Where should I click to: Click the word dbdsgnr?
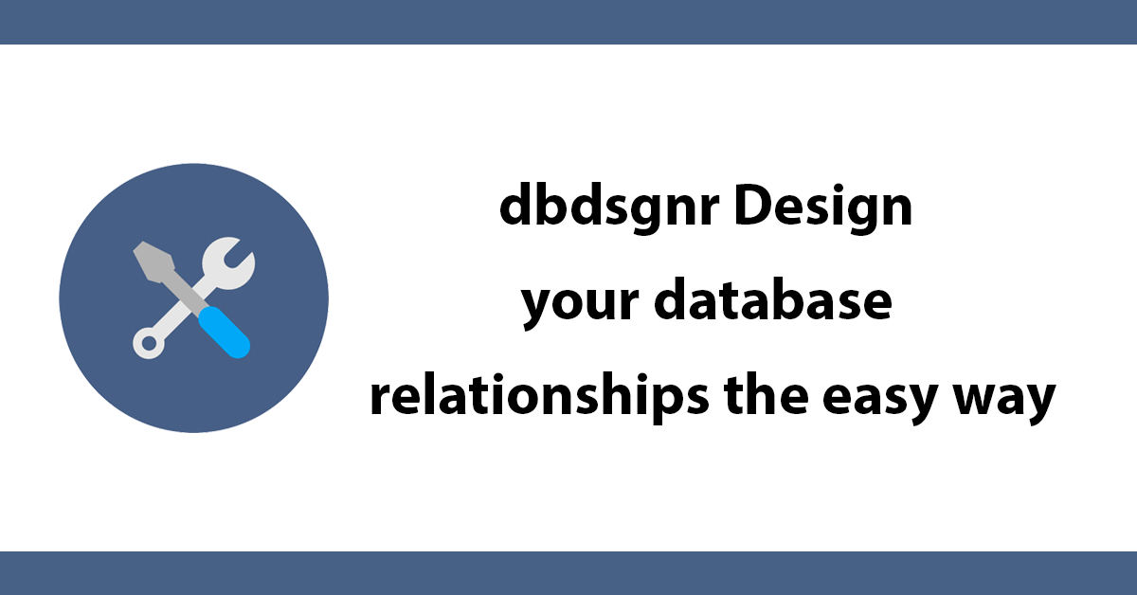pyautogui.click(x=609, y=207)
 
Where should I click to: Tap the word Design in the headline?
pyautogui.click(x=823, y=207)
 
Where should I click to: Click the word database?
pyautogui.click(x=772, y=298)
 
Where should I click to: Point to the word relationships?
pyautogui.click(x=539, y=396)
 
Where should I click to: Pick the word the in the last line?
pyautogui.click(x=766, y=394)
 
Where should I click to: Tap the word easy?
pyautogui.click(x=879, y=401)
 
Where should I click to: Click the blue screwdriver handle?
pyautogui.click(x=224, y=333)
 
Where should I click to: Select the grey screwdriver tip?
pyautogui.click(x=153, y=261)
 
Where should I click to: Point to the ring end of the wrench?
pyautogui.click(x=149, y=343)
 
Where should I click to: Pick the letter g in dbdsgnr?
pyautogui.click(x=653, y=214)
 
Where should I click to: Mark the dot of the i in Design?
pyautogui.click(x=833, y=187)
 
